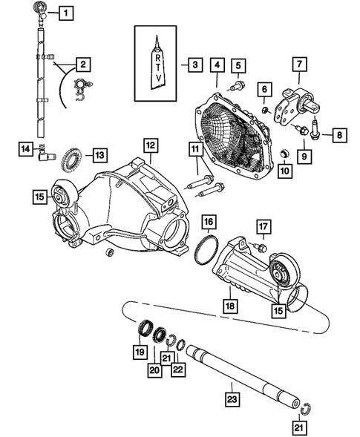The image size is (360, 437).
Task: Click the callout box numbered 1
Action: click(66, 13)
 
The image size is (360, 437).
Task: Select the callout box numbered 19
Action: click(139, 350)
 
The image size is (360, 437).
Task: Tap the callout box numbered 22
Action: click(177, 369)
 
